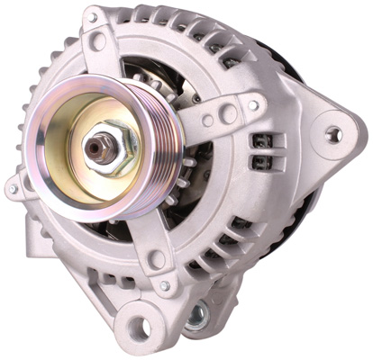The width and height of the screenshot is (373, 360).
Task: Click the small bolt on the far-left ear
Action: (13, 189)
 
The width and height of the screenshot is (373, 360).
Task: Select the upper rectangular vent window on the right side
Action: (262, 142)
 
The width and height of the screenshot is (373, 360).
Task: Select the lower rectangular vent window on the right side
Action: (262, 163)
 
